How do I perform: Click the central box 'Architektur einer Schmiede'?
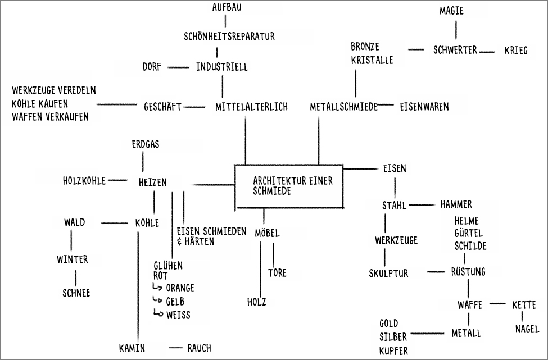coord(288,186)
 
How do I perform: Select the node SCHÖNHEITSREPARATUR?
coord(229,38)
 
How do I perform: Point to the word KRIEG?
coord(516,51)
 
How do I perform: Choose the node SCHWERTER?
coord(455,50)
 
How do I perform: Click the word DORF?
coord(152,67)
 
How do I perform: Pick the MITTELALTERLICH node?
coord(251,107)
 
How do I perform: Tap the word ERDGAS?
coord(145,145)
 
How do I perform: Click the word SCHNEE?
coord(76,293)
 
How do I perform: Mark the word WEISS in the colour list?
coord(178,315)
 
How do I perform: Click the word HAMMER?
coord(456,204)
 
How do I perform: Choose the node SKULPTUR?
coord(388,274)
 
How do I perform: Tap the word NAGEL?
coord(527,329)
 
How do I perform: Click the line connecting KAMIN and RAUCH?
coord(176,347)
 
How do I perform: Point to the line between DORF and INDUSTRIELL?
coord(179,67)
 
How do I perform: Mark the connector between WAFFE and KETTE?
coord(497,304)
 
